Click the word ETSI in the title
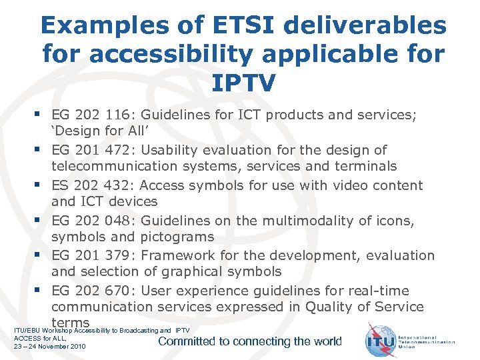point(240,25)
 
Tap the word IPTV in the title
point(243,83)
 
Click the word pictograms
point(177,237)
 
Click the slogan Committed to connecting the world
point(250,341)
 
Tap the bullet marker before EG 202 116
point(42,115)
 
